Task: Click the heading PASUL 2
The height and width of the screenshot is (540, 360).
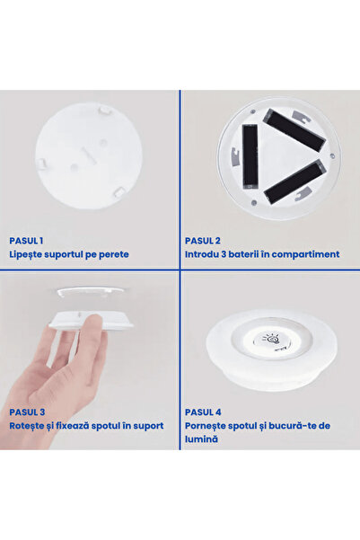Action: pos(203,241)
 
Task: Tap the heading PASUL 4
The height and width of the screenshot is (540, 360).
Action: pos(203,412)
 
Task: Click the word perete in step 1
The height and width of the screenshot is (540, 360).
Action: pos(113,254)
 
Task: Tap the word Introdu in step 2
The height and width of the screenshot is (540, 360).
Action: pos(202,254)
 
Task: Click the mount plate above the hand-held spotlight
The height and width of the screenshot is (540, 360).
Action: pos(88,293)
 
